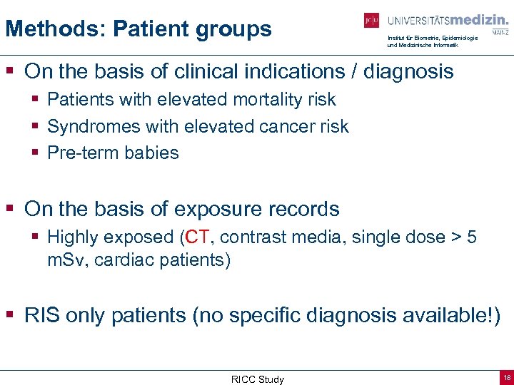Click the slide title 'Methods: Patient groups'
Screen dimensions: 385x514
[138, 29]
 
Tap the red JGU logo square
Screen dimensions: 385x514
[371, 21]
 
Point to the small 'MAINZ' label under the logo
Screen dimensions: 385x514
[500, 32]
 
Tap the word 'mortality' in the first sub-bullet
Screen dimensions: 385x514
[241, 100]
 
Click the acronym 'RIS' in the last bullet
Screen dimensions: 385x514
[41, 315]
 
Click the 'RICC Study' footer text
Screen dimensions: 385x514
[257, 379]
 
